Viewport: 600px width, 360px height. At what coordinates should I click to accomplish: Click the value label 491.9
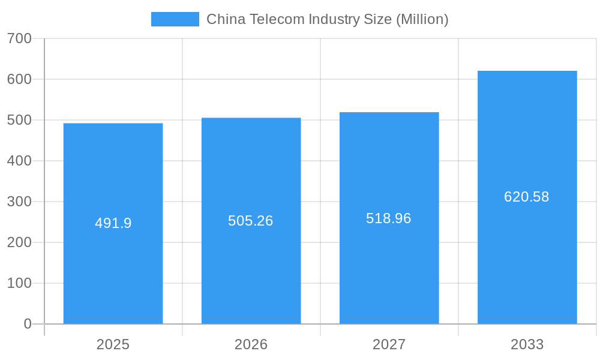click(113, 223)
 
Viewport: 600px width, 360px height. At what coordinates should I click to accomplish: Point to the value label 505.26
click(250, 221)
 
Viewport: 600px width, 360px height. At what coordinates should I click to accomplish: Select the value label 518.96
click(388, 218)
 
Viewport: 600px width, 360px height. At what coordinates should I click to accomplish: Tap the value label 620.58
click(526, 197)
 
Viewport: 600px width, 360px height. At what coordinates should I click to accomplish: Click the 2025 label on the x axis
click(113, 344)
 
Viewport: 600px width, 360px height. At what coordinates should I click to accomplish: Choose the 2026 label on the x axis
click(251, 344)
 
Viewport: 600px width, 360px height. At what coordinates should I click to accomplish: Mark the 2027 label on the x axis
click(389, 344)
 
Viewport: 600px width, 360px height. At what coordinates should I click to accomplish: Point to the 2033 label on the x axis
click(527, 344)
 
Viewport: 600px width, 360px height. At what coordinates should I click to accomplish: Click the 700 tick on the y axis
click(19, 38)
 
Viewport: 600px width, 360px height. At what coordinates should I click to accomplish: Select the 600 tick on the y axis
click(19, 79)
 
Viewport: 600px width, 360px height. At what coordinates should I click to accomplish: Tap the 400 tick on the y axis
click(19, 161)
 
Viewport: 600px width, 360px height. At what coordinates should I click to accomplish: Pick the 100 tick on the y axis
click(19, 283)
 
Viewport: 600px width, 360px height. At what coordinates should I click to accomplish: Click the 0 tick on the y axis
click(28, 324)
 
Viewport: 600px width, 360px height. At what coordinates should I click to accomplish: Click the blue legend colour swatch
click(175, 19)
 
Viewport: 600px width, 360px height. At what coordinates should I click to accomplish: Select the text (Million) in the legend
click(422, 19)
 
